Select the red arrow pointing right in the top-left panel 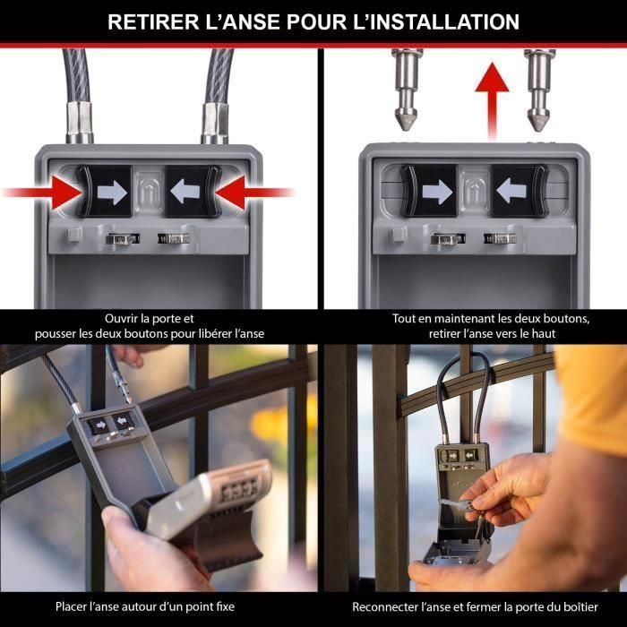tap(40, 191)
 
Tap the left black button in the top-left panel tap(105, 191)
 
